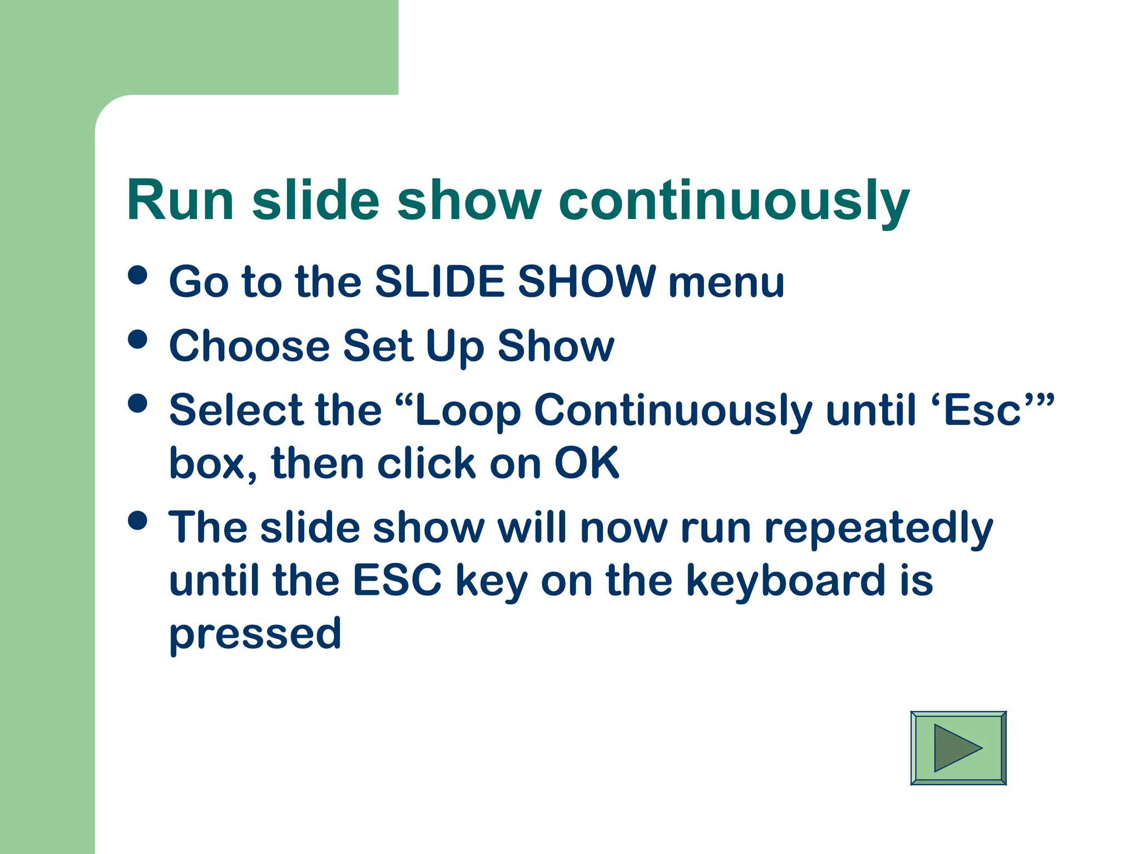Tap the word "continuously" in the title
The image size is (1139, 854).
(x=734, y=201)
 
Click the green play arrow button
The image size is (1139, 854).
(x=958, y=748)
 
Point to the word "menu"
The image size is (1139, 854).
(x=726, y=282)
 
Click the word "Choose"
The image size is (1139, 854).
(x=250, y=346)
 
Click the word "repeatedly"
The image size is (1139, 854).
(x=879, y=528)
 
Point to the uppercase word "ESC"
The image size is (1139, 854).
(x=397, y=580)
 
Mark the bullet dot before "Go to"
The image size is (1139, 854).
(x=137, y=275)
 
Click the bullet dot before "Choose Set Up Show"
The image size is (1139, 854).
(x=137, y=339)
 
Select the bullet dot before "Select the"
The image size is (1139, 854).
(x=137, y=404)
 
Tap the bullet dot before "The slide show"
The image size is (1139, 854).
(x=137, y=521)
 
